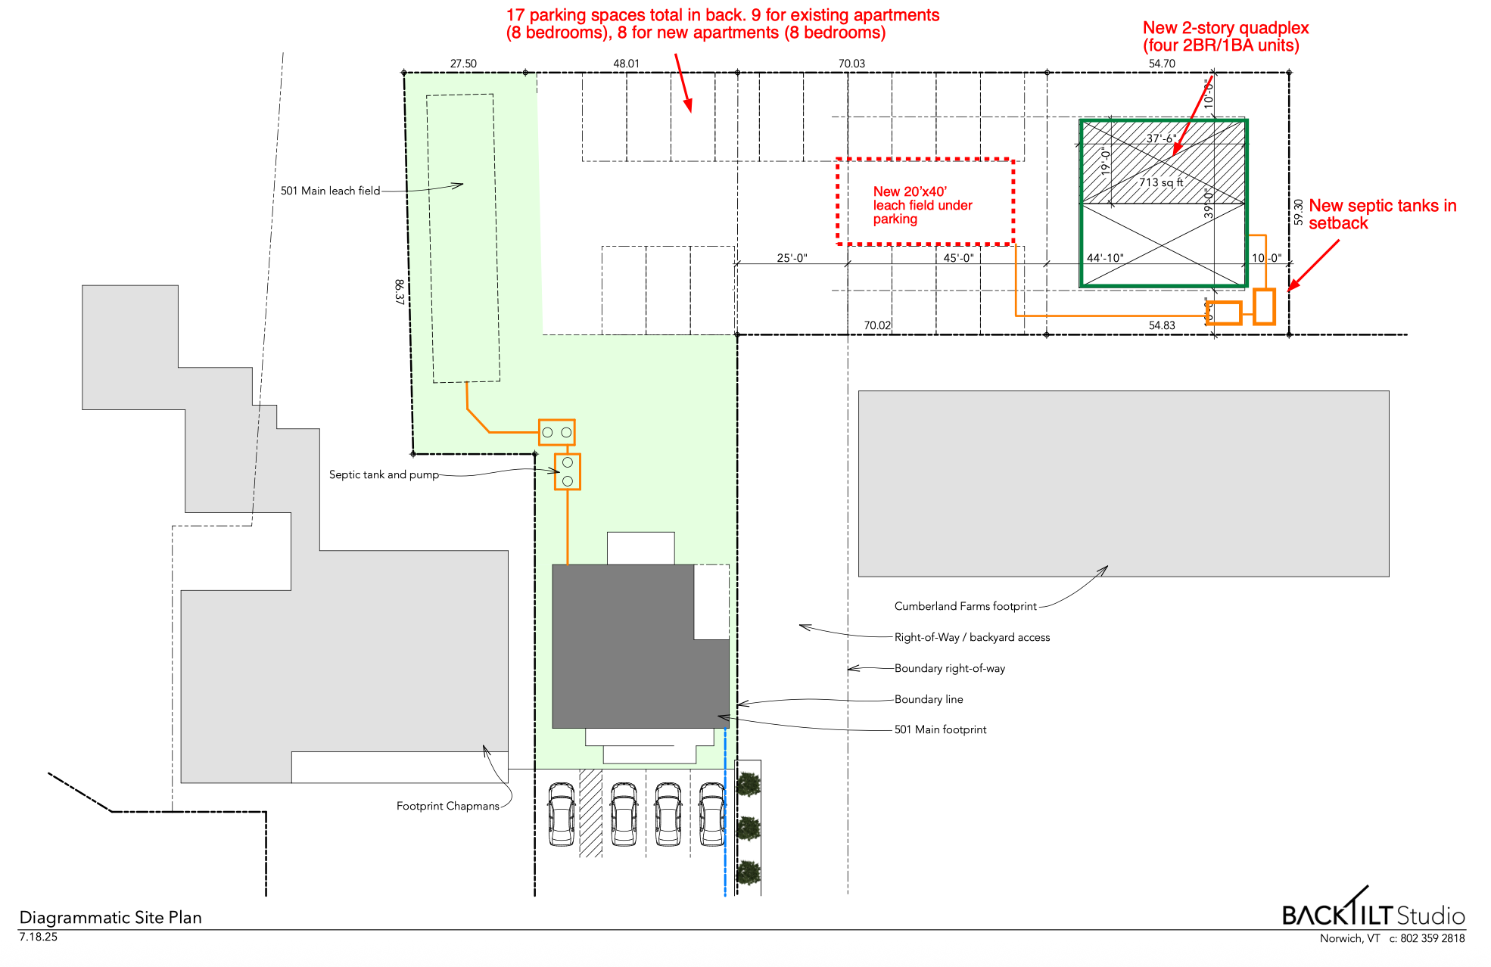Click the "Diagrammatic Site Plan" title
[x=111, y=917]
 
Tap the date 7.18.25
[x=39, y=937]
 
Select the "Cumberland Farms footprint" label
[x=965, y=606]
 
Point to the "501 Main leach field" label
[x=330, y=191]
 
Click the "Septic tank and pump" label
[x=384, y=474]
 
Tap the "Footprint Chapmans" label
[x=447, y=806]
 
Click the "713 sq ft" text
[x=1161, y=182]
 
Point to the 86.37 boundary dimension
[x=400, y=292]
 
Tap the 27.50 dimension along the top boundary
[x=463, y=64]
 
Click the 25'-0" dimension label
[x=792, y=258]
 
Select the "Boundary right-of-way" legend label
[x=950, y=668]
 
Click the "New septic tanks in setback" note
[x=1383, y=214]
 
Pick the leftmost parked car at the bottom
[x=561, y=814]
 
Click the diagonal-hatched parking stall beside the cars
[x=590, y=813]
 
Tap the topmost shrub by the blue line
[x=748, y=784]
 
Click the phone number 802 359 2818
[x=1433, y=938]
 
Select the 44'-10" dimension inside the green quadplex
[x=1105, y=258]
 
